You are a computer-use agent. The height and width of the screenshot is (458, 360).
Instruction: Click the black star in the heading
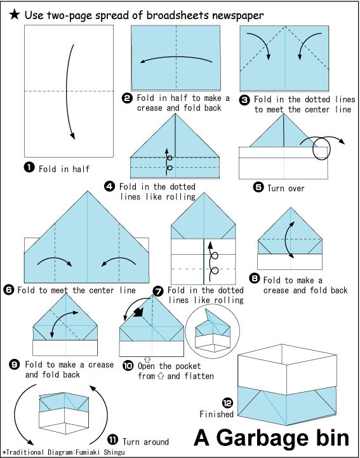point(14,15)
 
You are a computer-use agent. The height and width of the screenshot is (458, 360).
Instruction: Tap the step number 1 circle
point(29,167)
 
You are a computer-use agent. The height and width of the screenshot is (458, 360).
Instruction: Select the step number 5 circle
point(258,187)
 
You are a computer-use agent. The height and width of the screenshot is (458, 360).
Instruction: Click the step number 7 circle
point(158,291)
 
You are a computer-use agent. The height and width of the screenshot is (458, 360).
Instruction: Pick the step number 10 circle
point(128,365)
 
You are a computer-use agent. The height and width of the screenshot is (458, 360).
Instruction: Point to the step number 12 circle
point(227,403)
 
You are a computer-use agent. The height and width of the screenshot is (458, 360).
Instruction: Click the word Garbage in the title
point(262,438)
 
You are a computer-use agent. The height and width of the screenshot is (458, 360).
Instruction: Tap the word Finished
point(217,414)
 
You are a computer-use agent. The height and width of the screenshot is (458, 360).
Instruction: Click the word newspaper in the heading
point(234,15)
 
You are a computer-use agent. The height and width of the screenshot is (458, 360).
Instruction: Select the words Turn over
point(286,189)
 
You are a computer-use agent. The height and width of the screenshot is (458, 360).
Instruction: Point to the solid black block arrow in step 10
point(138,312)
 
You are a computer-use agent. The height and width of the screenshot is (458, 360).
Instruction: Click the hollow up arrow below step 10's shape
point(147,359)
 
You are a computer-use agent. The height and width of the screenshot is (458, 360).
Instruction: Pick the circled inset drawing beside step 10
point(213,331)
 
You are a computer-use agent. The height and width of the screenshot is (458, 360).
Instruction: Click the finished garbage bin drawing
point(287,384)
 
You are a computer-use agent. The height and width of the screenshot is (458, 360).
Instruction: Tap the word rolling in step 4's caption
point(181,197)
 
